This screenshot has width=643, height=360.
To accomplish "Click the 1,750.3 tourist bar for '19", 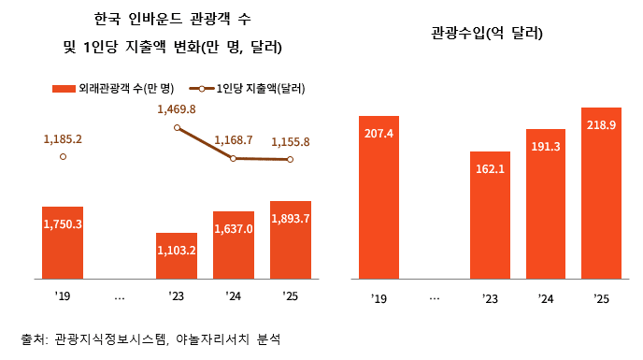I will (x=63, y=242).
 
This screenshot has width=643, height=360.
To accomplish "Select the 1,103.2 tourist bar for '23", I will (x=176, y=255).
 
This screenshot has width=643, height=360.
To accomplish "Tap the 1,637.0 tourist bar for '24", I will (x=233, y=245).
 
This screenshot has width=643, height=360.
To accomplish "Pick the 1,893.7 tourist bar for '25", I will (x=290, y=239).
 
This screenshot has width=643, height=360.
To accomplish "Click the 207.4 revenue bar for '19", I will (x=379, y=197).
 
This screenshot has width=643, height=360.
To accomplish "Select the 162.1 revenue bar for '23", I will (x=490, y=214).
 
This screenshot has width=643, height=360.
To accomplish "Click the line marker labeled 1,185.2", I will (x=63, y=157).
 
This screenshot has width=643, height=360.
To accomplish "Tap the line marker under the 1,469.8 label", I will (x=177, y=127).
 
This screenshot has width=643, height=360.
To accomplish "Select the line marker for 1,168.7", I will (x=233, y=158).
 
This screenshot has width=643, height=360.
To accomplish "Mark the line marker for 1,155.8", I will (x=290, y=159).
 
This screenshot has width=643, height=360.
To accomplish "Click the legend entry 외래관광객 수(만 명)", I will (x=113, y=89).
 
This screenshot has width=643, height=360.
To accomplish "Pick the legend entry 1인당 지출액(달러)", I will (x=246, y=89).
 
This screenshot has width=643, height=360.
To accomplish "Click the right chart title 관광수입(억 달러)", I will (x=487, y=34).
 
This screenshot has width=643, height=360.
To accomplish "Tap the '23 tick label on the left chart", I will (x=176, y=297).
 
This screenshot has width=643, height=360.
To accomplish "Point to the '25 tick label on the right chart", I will (x=601, y=298).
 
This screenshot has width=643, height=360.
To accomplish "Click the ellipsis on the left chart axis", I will (x=119, y=297).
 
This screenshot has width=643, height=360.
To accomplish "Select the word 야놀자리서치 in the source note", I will (x=204, y=338).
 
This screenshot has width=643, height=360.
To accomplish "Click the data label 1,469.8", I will (x=177, y=109).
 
